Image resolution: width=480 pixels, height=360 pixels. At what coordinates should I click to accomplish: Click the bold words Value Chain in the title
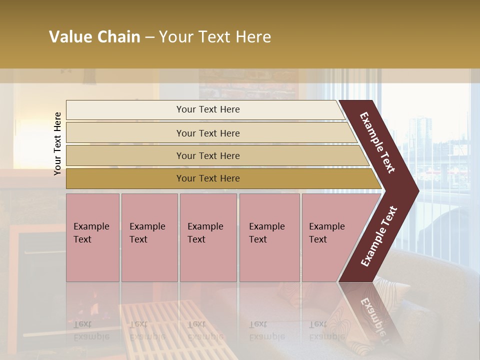94,37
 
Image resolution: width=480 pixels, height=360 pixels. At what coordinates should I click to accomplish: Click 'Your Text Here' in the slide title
215,37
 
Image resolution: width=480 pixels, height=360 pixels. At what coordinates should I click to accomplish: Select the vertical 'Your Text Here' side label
57,143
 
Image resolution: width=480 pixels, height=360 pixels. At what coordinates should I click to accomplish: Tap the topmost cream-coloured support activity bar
207,109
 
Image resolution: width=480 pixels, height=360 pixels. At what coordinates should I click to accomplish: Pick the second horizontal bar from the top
207,133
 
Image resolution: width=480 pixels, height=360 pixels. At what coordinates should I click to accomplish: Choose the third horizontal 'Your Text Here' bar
207,155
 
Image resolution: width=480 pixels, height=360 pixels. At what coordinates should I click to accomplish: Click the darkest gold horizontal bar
207,178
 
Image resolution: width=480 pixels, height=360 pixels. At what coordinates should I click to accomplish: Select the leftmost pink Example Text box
92,237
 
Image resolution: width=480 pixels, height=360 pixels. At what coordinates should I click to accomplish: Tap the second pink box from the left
149,237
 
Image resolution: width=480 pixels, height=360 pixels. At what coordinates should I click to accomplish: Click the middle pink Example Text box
208,237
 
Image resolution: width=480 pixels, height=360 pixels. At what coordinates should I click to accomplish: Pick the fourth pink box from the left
269,237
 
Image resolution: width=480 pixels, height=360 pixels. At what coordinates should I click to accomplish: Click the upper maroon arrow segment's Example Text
377,142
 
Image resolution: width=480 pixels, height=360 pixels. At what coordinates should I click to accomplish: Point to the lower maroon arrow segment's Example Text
379,236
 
